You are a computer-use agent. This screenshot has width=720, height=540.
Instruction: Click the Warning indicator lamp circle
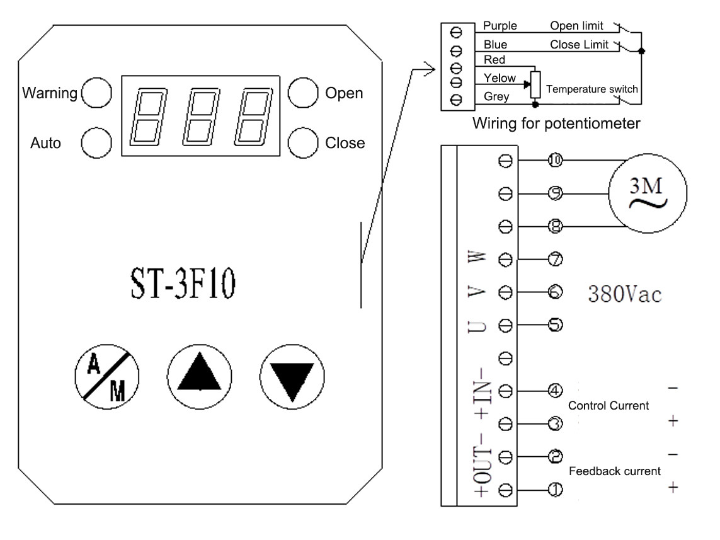[96, 93]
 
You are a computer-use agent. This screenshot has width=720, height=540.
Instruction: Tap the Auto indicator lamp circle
[96, 143]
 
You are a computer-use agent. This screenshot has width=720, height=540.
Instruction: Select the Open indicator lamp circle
[303, 93]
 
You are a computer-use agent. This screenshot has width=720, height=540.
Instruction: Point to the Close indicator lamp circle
[303, 143]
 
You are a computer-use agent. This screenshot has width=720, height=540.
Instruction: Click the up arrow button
[199, 377]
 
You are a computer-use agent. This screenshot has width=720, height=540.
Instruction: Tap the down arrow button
[292, 377]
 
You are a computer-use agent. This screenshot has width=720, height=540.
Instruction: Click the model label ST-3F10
[183, 284]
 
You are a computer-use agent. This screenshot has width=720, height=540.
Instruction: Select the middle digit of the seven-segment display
[201, 117]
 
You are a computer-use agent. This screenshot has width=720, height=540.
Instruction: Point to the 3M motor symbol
[648, 193]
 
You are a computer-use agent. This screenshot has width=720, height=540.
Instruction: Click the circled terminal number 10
[555, 160]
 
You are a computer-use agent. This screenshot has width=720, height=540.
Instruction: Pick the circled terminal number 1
[555, 490]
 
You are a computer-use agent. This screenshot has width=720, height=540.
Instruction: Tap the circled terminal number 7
[555, 260]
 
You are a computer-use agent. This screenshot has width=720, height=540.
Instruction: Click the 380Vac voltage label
[625, 294]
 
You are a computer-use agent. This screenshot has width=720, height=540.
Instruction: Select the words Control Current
[609, 405]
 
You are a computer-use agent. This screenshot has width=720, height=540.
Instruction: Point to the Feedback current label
[614, 471]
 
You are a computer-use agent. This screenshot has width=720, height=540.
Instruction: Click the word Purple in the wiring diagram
[500, 26]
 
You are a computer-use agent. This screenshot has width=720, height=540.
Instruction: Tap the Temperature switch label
[592, 89]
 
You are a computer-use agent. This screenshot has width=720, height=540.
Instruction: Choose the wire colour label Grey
[496, 97]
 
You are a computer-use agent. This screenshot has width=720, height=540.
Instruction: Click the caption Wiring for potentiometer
[556, 124]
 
